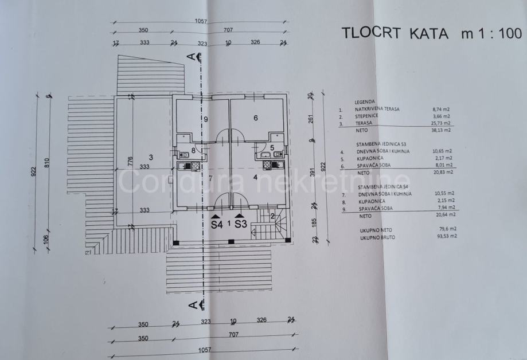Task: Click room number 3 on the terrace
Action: coord(150,157)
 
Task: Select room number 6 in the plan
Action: coord(256,118)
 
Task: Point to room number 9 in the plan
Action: coord(204,119)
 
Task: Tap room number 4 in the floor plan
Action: coord(255,178)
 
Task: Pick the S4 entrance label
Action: coord(216,225)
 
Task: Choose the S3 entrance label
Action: coord(240,225)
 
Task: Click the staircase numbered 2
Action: coord(272,216)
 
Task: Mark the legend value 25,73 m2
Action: coord(442,123)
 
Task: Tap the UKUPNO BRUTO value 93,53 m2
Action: coord(444,236)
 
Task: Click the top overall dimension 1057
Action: coord(200,21)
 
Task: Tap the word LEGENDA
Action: coord(365,101)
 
